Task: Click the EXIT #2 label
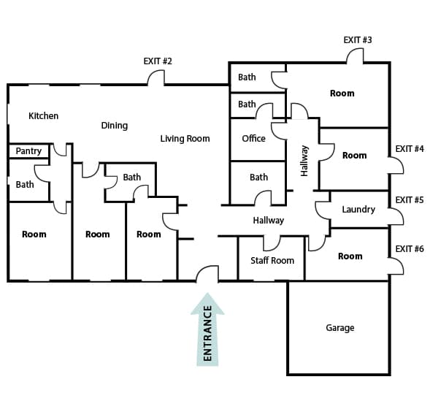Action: (158, 61)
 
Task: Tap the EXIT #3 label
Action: (358, 40)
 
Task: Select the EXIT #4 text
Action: (410, 149)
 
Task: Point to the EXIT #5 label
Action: (410, 200)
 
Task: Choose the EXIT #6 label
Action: (410, 248)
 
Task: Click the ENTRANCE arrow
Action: (207, 329)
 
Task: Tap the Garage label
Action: (340, 328)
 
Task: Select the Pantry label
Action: (28, 151)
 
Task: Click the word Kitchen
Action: (43, 116)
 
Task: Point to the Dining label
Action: (115, 126)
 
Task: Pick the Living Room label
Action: (185, 139)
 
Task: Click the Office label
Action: (253, 138)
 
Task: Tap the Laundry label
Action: (358, 210)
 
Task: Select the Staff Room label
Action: (272, 261)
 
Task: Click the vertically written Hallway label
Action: (304, 161)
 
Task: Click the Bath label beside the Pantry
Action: (25, 185)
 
